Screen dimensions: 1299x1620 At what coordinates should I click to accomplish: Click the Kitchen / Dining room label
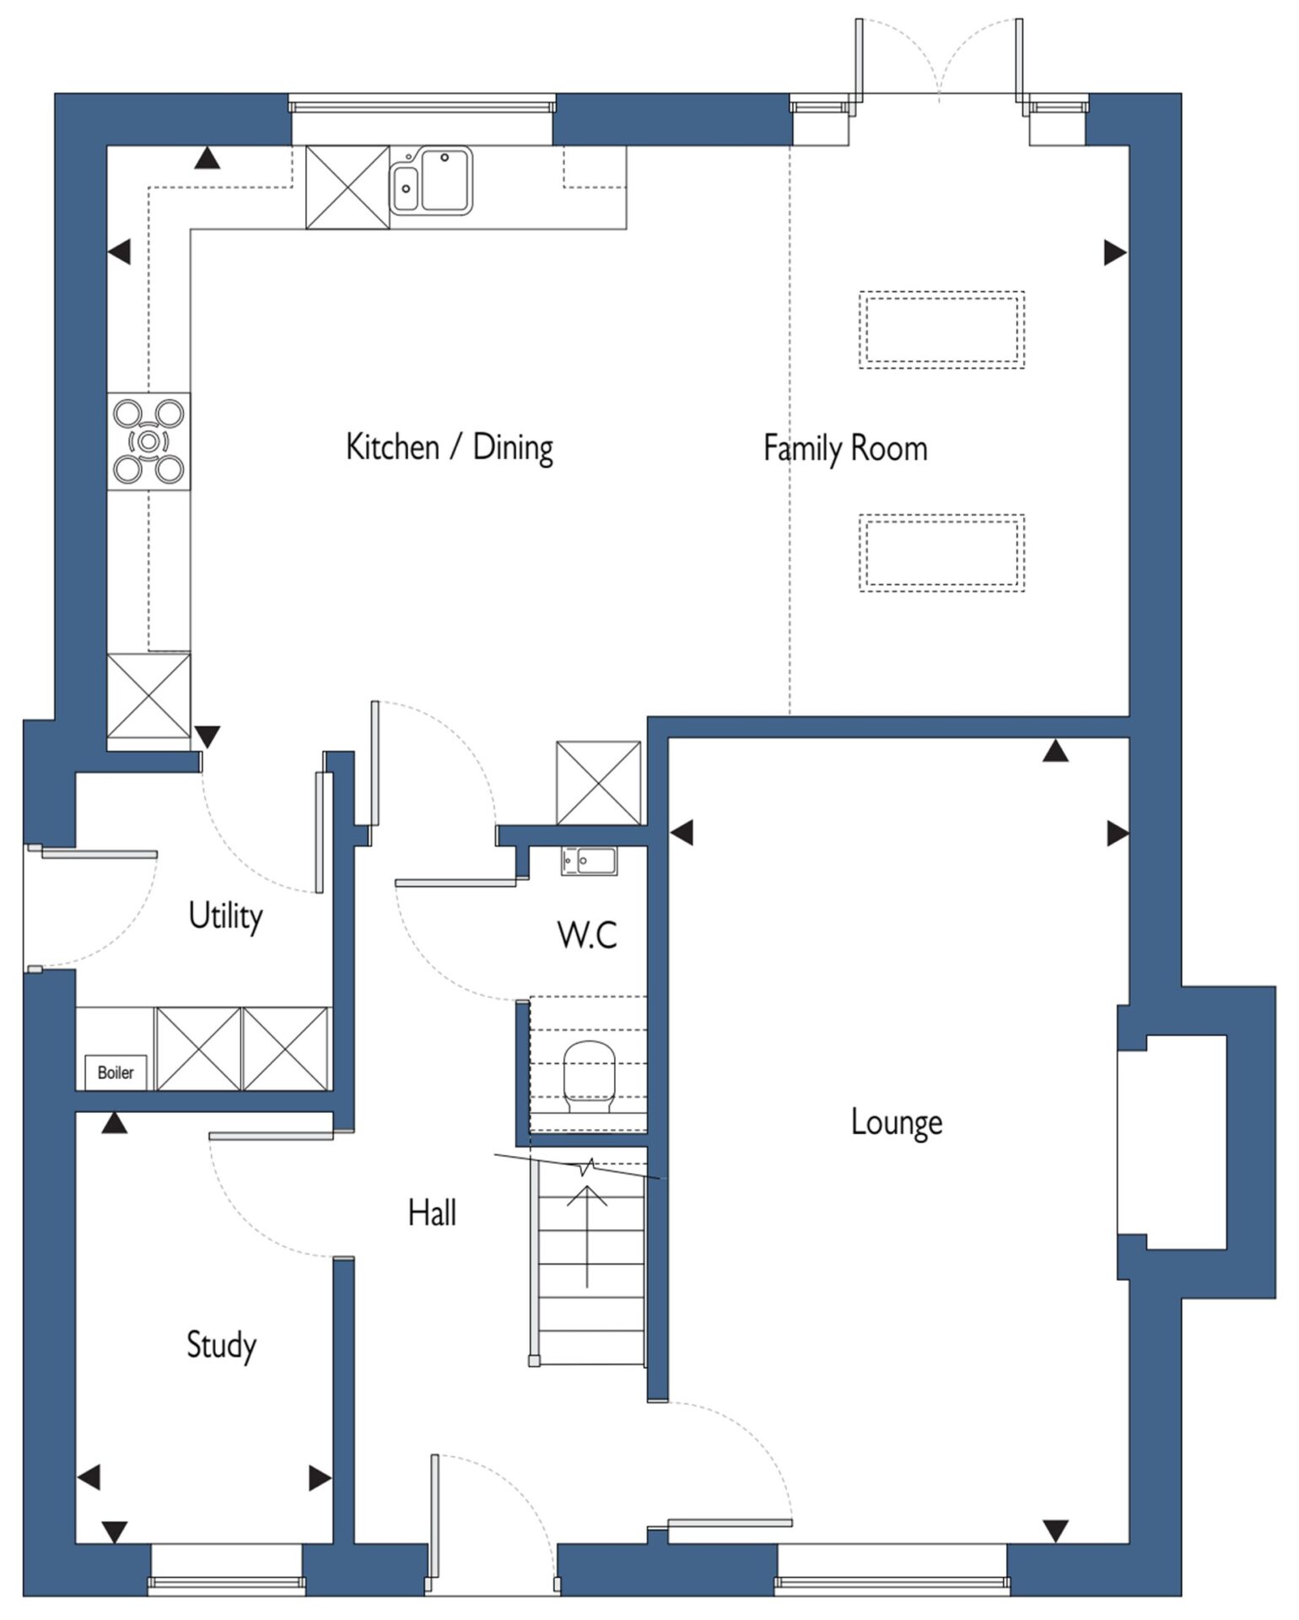[450, 448]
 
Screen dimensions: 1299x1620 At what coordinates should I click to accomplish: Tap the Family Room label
[845, 448]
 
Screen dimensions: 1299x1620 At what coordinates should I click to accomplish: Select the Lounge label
[897, 1123]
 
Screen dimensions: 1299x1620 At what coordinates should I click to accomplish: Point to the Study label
[221, 1345]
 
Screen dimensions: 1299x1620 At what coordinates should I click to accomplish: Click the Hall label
[432, 1213]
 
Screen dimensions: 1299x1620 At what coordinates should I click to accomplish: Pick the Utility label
[225, 916]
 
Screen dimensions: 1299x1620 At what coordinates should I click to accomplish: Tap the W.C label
[587, 935]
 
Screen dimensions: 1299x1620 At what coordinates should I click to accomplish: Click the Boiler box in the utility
[116, 1072]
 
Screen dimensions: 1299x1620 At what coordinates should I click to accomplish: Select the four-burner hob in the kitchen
[148, 440]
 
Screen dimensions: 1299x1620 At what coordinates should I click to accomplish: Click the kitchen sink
[430, 181]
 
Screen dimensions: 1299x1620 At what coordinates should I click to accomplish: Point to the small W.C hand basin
[589, 861]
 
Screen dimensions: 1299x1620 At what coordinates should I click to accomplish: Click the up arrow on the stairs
[588, 1235]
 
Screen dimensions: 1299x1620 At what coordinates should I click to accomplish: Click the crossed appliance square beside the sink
[348, 186]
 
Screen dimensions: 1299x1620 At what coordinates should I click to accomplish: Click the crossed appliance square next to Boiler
[199, 1048]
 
